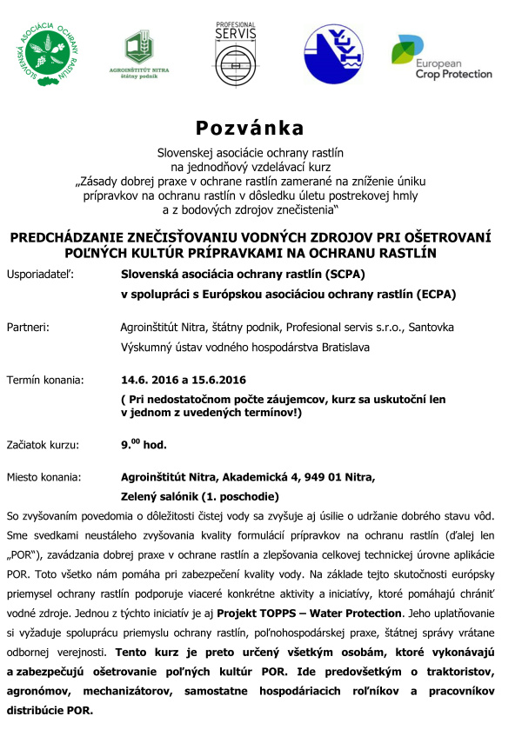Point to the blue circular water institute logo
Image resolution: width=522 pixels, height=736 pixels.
(x=334, y=55)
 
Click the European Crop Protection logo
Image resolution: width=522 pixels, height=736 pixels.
(x=441, y=57)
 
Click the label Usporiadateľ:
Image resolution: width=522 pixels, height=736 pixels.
(x=40, y=274)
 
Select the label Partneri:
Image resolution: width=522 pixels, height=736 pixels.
(x=28, y=328)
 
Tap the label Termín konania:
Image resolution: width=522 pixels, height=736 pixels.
(x=45, y=380)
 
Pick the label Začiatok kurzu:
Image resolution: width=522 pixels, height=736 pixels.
(x=43, y=445)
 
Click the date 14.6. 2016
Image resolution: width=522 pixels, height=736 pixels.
(x=147, y=380)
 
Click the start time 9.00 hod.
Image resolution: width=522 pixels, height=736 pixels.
(x=144, y=444)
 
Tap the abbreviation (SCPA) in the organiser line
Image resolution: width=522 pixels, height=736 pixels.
(x=339, y=274)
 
